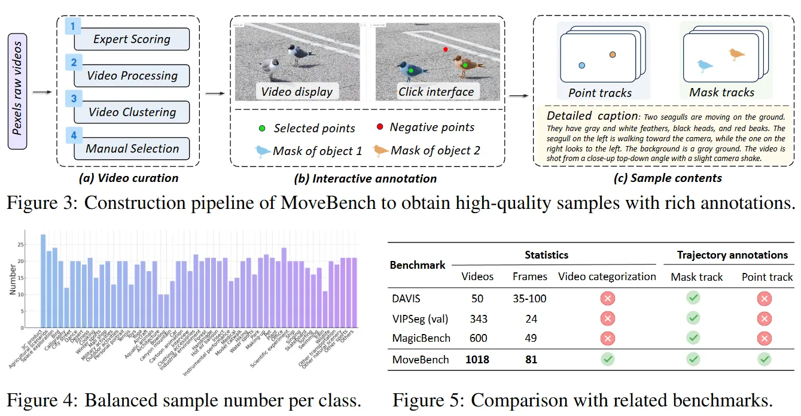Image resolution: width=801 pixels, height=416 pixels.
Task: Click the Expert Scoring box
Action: pos(132,40)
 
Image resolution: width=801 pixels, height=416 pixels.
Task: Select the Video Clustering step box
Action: pos(132,112)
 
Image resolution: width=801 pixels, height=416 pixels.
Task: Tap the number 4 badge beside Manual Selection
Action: pos(74,135)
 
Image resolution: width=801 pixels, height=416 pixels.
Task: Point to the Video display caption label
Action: pos(297,92)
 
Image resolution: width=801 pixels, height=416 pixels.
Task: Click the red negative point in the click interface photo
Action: pos(445,49)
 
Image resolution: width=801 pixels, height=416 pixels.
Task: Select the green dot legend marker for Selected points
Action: pos(261,128)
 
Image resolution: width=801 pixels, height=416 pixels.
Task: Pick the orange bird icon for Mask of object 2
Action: pos(380,150)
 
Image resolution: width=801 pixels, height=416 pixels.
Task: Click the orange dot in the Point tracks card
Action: pos(613,55)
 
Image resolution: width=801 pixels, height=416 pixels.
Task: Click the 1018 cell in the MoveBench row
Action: pos(477,359)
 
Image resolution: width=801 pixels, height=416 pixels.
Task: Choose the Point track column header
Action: pos(767,277)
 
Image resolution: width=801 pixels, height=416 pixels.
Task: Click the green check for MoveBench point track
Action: pos(764,359)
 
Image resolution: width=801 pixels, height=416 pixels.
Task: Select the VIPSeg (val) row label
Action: pos(420,318)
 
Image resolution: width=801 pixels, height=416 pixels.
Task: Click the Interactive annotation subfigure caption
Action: pos(366,178)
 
